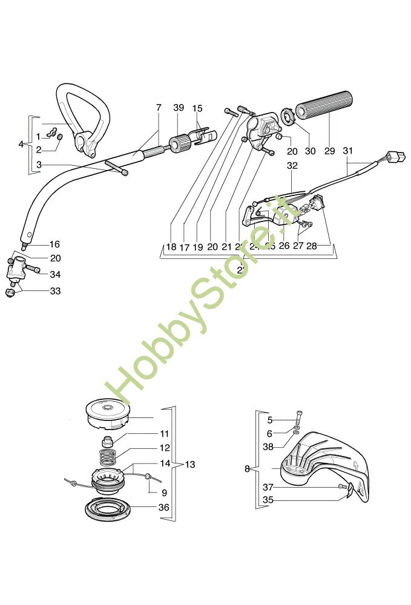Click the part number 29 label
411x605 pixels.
[x=329, y=151]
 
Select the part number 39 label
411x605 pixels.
[x=178, y=108]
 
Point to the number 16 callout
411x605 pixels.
[x=54, y=244]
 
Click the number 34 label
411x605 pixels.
[x=55, y=275]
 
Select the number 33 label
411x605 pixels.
[x=55, y=291]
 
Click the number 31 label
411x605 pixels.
[x=347, y=151]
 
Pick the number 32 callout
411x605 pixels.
[x=292, y=165]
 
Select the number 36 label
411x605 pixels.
[x=163, y=508]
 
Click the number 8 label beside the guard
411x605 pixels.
[x=247, y=468]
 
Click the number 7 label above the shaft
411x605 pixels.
[x=159, y=108]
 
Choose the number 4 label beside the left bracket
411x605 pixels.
[x=21, y=144]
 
